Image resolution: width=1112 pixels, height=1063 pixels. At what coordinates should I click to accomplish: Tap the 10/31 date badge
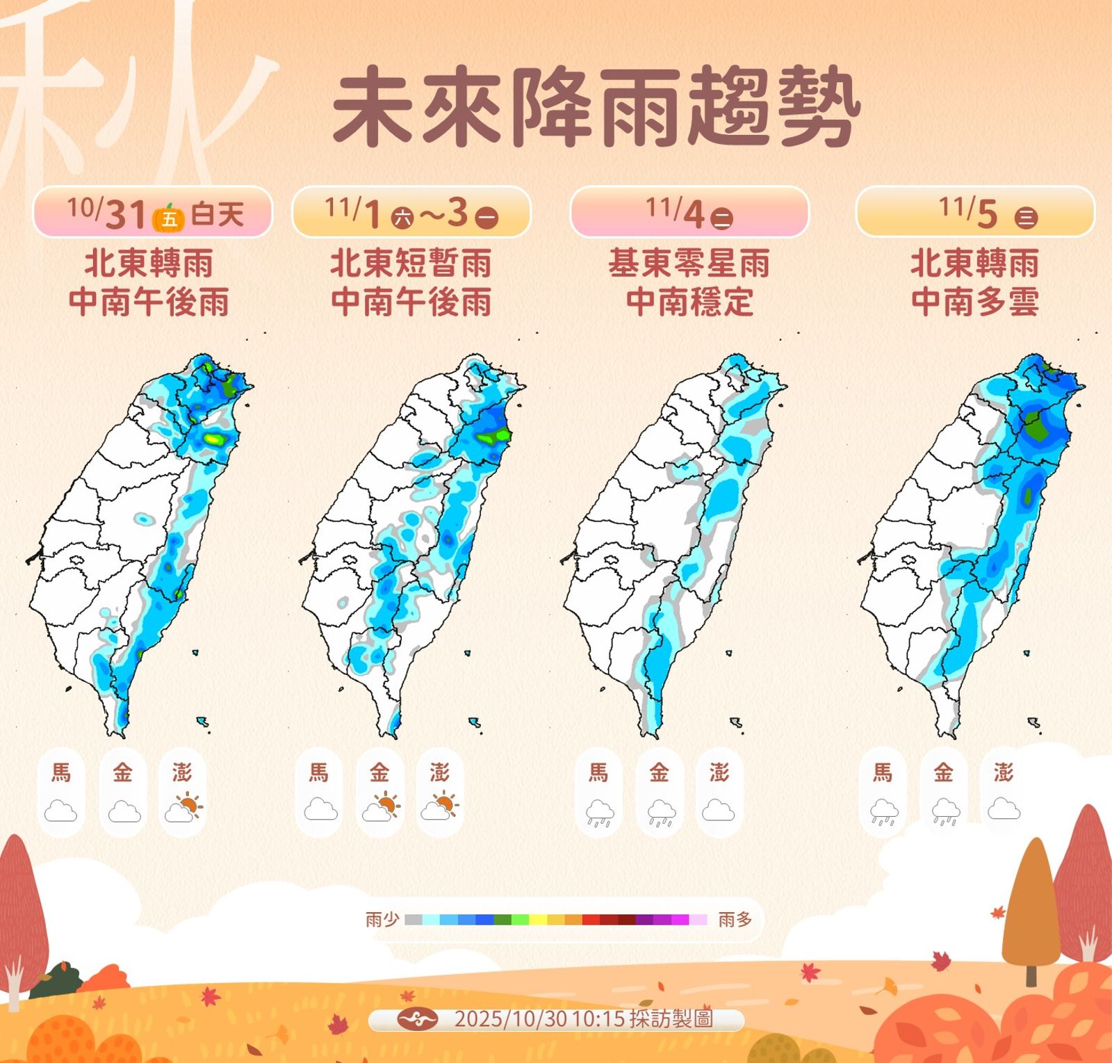[x=152, y=212]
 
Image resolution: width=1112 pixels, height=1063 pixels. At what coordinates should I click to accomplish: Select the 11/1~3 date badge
[x=411, y=212]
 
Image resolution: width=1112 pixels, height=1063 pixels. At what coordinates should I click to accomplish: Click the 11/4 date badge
[x=689, y=212]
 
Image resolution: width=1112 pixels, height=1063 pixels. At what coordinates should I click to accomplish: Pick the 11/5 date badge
[x=975, y=212]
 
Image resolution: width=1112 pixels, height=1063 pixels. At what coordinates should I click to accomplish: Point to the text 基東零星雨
[x=689, y=263]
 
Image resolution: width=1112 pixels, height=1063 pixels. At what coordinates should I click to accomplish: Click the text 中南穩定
[x=689, y=302]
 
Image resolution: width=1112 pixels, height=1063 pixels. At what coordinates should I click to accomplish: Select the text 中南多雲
[x=975, y=302]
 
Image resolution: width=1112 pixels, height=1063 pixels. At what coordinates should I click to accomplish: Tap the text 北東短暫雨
[x=411, y=263]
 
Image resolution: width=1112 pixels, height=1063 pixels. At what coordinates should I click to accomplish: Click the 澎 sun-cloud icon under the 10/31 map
[x=183, y=808]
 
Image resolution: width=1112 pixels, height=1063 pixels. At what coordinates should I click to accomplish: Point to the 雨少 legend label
[x=382, y=920]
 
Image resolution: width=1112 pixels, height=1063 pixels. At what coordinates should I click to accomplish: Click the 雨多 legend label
[x=735, y=920]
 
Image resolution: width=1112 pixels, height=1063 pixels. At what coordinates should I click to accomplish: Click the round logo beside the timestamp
[x=417, y=1020]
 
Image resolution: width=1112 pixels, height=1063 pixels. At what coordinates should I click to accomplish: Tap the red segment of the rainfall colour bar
[x=591, y=920]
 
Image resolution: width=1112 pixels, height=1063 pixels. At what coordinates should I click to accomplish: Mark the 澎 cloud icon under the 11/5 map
[x=1004, y=809]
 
